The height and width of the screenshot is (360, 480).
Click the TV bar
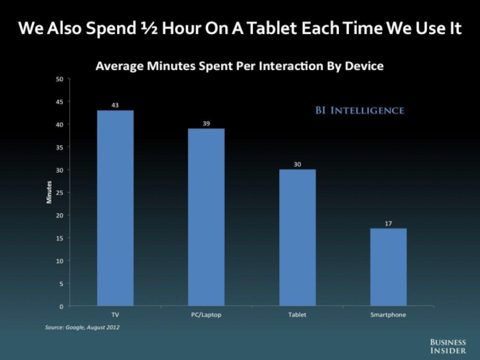pos(115,208)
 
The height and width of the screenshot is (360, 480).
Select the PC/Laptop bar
pos(206,217)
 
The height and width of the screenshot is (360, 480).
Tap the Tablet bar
pos(297,238)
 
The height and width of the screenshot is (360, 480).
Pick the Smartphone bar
pos(388,267)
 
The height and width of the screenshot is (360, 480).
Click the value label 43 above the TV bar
pos(115,105)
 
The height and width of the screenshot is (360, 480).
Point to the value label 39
pos(206,123)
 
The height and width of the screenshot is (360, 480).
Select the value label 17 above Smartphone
pos(388,223)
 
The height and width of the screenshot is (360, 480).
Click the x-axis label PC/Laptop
pos(206,314)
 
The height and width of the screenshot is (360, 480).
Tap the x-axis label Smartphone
pos(388,314)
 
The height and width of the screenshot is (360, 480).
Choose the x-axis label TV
pos(115,314)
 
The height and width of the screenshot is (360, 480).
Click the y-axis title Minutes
pos(49,192)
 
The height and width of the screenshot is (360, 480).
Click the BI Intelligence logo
pos(360,110)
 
